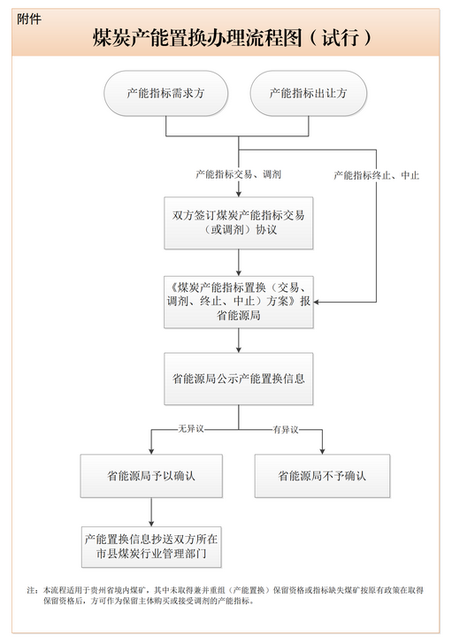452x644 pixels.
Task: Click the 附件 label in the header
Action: tap(28, 19)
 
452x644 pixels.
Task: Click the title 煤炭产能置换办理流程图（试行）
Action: tap(232, 38)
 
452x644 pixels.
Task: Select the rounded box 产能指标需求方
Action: tap(166, 93)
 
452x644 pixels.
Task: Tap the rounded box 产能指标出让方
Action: tap(309, 93)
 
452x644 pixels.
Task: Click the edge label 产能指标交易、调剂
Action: tap(238, 174)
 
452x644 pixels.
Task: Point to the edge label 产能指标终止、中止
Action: tap(376, 175)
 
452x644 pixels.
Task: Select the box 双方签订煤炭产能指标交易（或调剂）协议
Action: tap(239, 223)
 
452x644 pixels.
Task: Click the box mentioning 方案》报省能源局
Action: tap(239, 302)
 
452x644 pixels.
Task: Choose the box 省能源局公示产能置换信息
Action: tap(239, 379)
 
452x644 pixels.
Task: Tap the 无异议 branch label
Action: tap(191, 429)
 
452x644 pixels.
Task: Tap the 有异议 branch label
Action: tap(286, 430)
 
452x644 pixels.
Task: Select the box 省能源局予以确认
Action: tap(151, 476)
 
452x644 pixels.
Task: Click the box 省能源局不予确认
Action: tap(322, 476)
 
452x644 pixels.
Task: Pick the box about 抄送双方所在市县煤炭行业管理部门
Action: tap(151, 547)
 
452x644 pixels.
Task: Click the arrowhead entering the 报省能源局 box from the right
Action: tap(316, 303)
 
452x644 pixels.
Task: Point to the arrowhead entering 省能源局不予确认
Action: tap(322, 451)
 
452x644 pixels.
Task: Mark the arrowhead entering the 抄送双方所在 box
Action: tap(151, 524)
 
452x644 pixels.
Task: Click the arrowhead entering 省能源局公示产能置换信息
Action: tap(239, 349)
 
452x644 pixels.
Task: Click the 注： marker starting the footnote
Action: tap(33, 590)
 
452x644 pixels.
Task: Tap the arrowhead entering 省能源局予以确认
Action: tap(151, 451)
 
